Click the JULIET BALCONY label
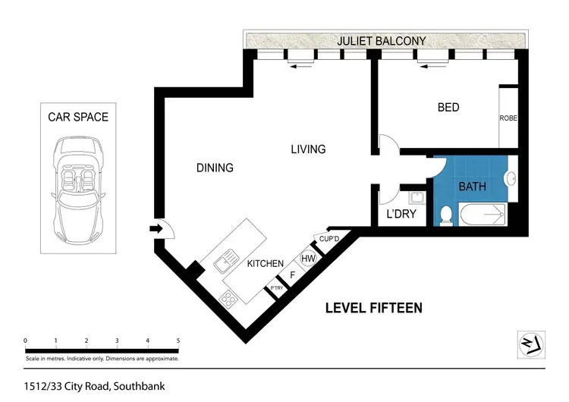point(383,41)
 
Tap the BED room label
point(448,108)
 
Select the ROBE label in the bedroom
point(508,118)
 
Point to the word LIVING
point(308,149)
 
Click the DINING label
point(215,168)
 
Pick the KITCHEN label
point(266,264)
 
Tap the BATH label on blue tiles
point(473,187)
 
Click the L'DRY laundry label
point(402,215)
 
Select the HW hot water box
point(309,259)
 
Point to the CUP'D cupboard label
point(329,239)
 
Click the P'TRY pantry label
point(273,289)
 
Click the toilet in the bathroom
point(446,215)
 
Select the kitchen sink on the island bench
point(225,264)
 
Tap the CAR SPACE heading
point(78,117)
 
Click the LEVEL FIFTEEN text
point(373,308)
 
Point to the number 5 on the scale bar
point(178,341)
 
